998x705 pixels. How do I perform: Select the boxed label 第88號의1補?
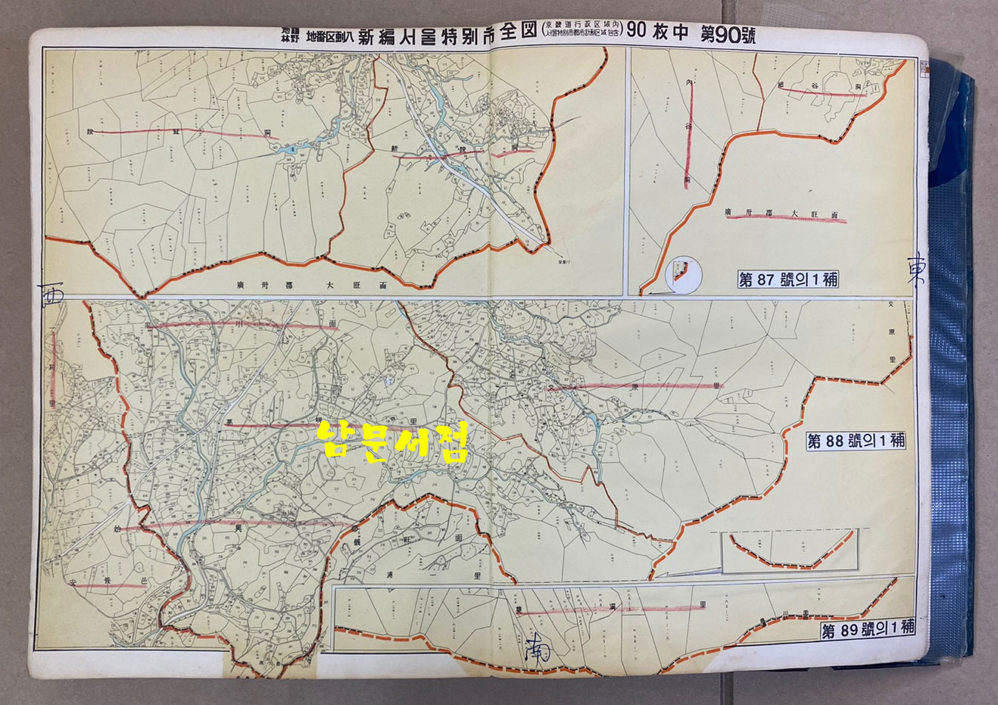point(856,441)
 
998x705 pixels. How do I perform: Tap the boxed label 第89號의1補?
point(868,629)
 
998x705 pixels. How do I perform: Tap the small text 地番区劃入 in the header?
point(329,35)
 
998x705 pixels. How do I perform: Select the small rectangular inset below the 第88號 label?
point(789,550)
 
